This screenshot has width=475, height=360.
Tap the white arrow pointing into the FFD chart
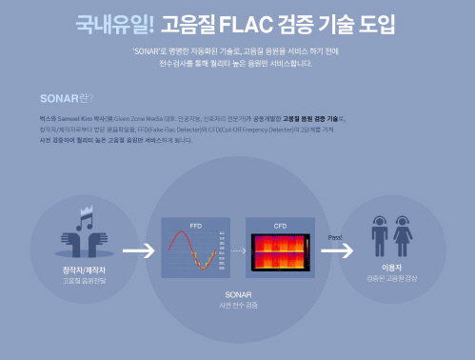pyautogui.click(x=138, y=251)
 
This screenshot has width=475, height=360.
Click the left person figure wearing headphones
pyautogui.click(x=381, y=239)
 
